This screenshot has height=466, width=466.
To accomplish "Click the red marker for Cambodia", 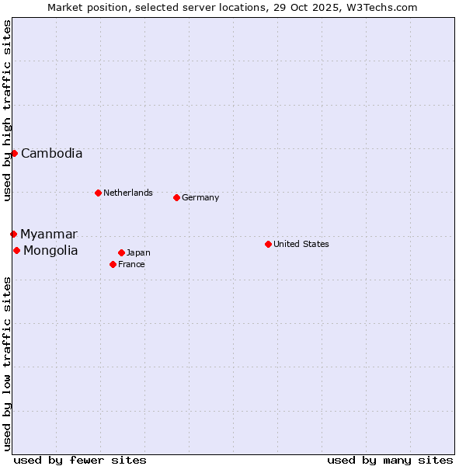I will click(14, 153).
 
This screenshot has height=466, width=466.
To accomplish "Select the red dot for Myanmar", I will click(13, 234).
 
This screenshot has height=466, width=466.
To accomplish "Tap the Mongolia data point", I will click(16, 250).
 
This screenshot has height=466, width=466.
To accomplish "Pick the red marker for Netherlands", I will click(98, 193).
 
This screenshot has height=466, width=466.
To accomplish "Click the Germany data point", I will click(176, 197).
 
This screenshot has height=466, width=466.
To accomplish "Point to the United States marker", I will click(268, 244).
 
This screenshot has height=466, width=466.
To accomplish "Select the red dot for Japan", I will click(121, 252).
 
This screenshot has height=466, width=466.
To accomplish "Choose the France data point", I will click(113, 264).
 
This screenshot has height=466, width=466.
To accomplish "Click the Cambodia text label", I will click(51, 153).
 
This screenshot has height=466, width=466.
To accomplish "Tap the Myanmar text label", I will click(49, 234).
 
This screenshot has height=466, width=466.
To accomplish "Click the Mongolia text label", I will click(50, 250).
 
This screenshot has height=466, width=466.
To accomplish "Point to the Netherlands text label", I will click(128, 193).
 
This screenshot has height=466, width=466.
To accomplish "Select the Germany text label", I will click(200, 197).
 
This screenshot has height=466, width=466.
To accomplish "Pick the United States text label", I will click(301, 244).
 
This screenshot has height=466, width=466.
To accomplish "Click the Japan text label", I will click(138, 252).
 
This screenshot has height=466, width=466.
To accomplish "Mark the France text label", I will click(131, 264).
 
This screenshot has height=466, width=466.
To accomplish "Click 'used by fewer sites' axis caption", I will click(80, 460).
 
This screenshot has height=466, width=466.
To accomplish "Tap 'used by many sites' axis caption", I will click(390, 460).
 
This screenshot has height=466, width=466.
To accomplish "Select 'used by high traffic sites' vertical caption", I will click(7, 110).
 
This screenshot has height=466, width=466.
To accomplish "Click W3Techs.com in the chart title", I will click(381, 7).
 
